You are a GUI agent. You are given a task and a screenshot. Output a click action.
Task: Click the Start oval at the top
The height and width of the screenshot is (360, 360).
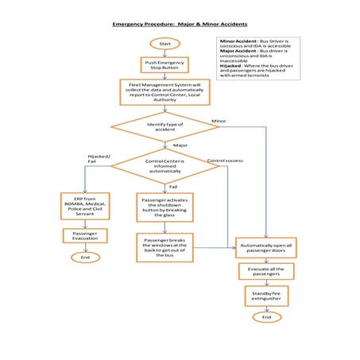tap(165, 43)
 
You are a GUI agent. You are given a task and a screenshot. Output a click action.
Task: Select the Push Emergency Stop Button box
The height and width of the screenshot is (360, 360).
tap(165, 65)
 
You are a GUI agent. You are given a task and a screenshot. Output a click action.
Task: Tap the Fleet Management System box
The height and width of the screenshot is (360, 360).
tap(165, 91)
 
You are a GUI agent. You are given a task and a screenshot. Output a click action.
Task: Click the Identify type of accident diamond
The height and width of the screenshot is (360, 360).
tap(165, 127)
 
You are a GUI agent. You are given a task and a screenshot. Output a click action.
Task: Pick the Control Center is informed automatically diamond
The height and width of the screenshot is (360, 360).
tap(165, 165)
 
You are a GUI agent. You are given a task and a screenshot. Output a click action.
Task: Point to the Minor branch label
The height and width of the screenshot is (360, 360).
tap(219, 121)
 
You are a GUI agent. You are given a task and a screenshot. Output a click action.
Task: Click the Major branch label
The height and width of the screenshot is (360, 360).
tap(180, 146)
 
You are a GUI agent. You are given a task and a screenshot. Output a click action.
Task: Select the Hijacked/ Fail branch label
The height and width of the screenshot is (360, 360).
tap(97, 158)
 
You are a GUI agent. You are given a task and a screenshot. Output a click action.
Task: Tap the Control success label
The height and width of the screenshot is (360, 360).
tap(225, 161)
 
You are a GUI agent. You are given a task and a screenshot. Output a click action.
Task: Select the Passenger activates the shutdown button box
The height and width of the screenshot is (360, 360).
tap(165, 207)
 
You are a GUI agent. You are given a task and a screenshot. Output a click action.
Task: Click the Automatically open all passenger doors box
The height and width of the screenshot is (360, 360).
tap(266, 249)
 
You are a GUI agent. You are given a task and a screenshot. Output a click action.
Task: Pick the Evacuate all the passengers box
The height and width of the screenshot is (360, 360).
tap(266, 273)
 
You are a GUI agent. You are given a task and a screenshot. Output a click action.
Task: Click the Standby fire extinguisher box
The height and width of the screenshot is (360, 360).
tap(266, 296)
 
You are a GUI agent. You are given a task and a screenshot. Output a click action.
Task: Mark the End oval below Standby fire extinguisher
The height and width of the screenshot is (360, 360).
tap(266, 317)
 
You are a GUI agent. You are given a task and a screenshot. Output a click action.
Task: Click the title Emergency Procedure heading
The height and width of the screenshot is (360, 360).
tap(180, 26)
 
